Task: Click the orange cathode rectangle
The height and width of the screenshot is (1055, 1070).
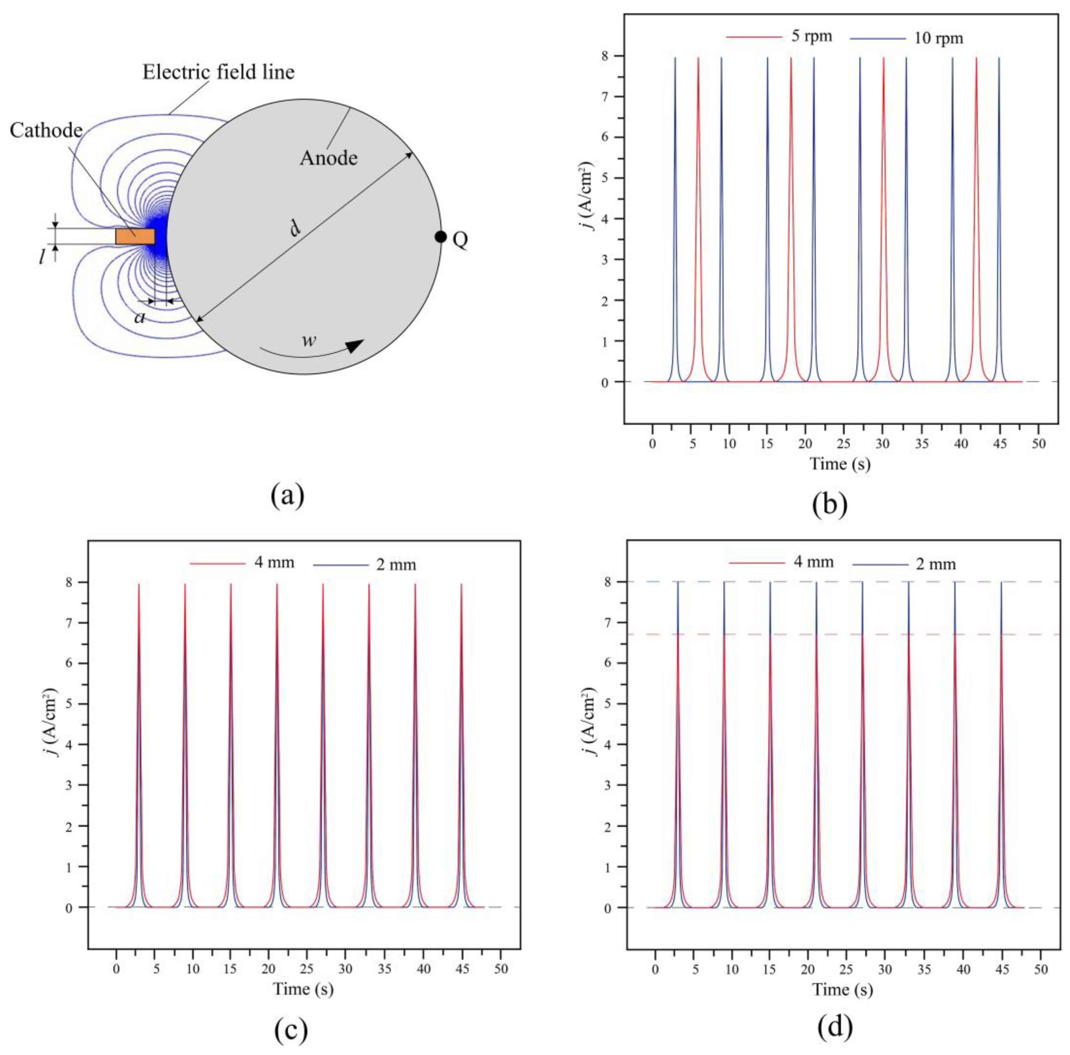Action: pyautogui.click(x=135, y=236)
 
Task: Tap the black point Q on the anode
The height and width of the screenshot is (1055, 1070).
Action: pyautogui.click(x=440, y=237)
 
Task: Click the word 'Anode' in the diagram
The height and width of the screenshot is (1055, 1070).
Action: pyautogui.click(x=329, y=158)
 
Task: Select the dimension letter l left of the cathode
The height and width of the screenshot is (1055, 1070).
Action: pyautogui.click(x=42, y=257)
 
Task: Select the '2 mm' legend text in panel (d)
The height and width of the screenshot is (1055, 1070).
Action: pyautogui.click(x=936, y=564)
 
